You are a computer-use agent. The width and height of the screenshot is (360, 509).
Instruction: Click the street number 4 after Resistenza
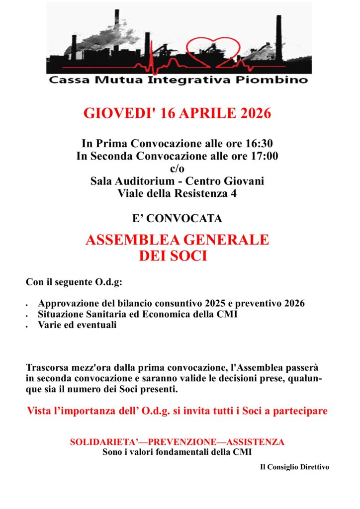233,194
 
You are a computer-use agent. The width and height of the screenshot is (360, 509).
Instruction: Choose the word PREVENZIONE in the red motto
178,442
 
